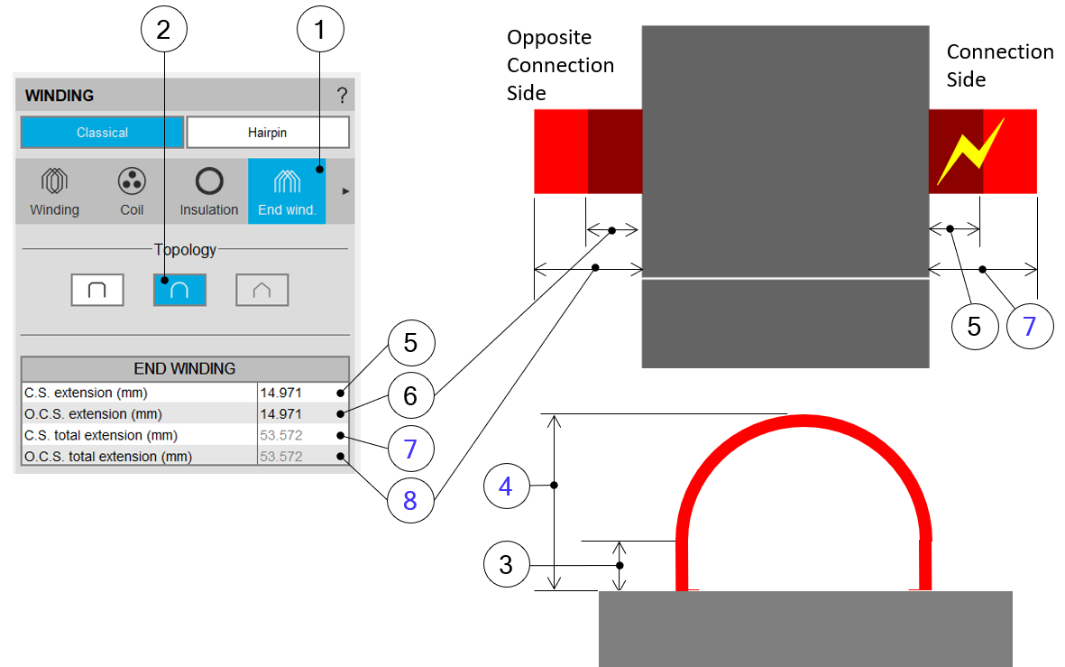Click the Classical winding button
coord(102,133)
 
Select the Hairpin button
coord(267,133)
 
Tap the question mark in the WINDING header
coord(342,96)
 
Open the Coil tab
coord(132,192)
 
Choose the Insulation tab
coord(208,192)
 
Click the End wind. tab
coord(287,192)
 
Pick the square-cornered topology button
coord(97,290)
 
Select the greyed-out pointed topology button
coord(262,290)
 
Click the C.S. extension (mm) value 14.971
coord(281,393)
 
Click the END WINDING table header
coord(185,368)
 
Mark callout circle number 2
coord(163,31)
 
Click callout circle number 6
coord(410,394)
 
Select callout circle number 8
coord(410,499)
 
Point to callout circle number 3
coord(506,564)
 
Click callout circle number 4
coord(506,486)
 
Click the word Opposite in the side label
coord(549,38)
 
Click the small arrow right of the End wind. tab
coord(345,191)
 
